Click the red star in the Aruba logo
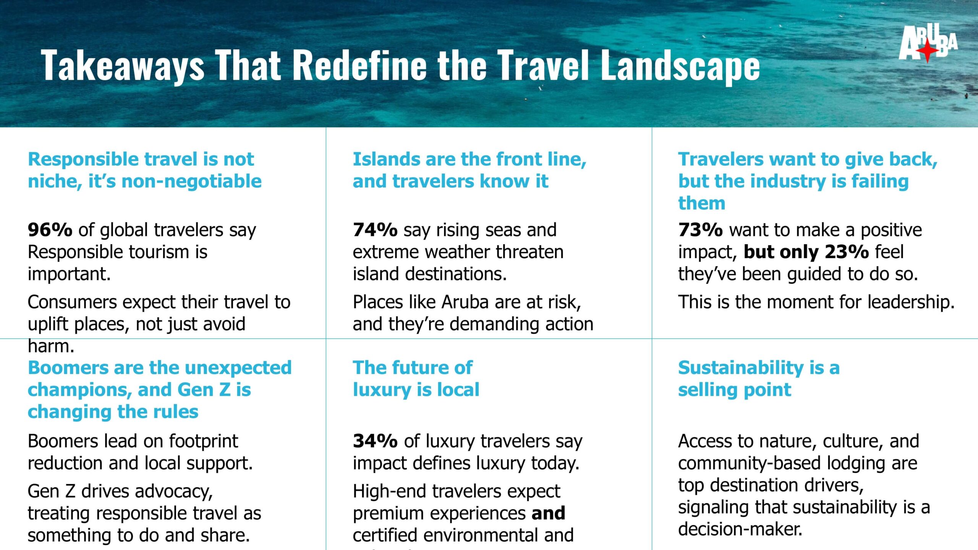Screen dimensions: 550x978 tap(927, 51)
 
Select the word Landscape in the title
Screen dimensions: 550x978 tap(680, 65)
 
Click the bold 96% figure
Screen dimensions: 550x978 tap(50, 230)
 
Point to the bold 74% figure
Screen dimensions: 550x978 tap(375, 230)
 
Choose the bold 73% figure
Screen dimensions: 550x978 tap(700, 230)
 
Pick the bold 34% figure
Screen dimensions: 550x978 tap(375, 441)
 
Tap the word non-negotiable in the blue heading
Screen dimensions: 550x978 tap(191, 181)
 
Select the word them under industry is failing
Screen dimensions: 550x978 tap(701, 203)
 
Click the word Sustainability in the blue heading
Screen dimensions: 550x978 tap(741, 368)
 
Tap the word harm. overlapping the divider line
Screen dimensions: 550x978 tap(51, 346)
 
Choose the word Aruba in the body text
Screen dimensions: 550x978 tap(465, 302)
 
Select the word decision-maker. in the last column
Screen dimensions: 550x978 tap(740, 529)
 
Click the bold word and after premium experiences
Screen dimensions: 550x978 tap(548, 513)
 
